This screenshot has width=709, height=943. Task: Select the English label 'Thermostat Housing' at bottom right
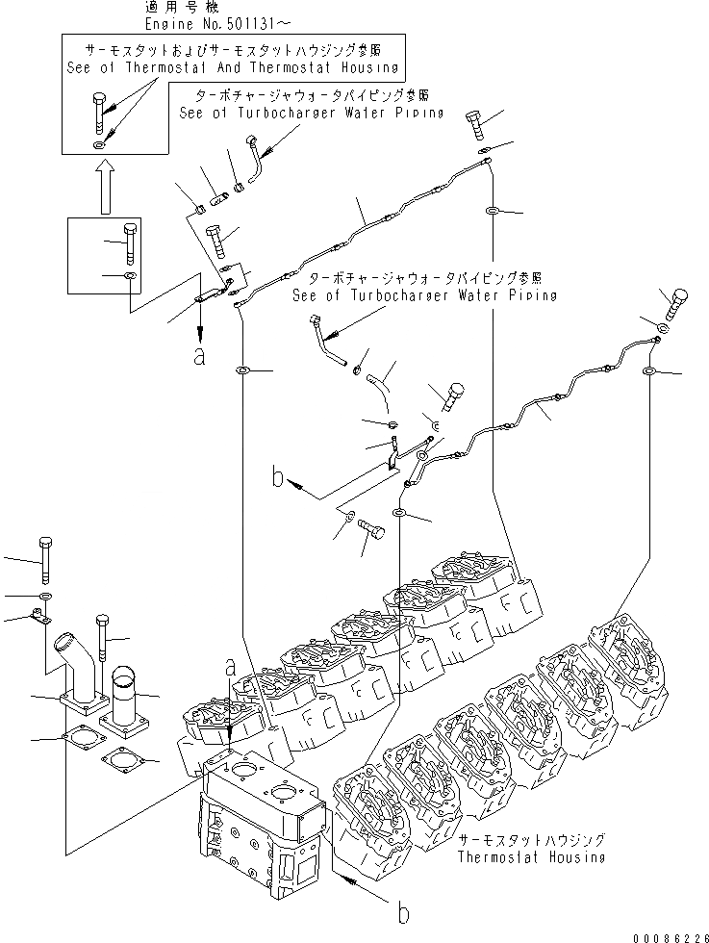[531, 856]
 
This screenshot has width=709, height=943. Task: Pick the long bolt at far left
[44, 558]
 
